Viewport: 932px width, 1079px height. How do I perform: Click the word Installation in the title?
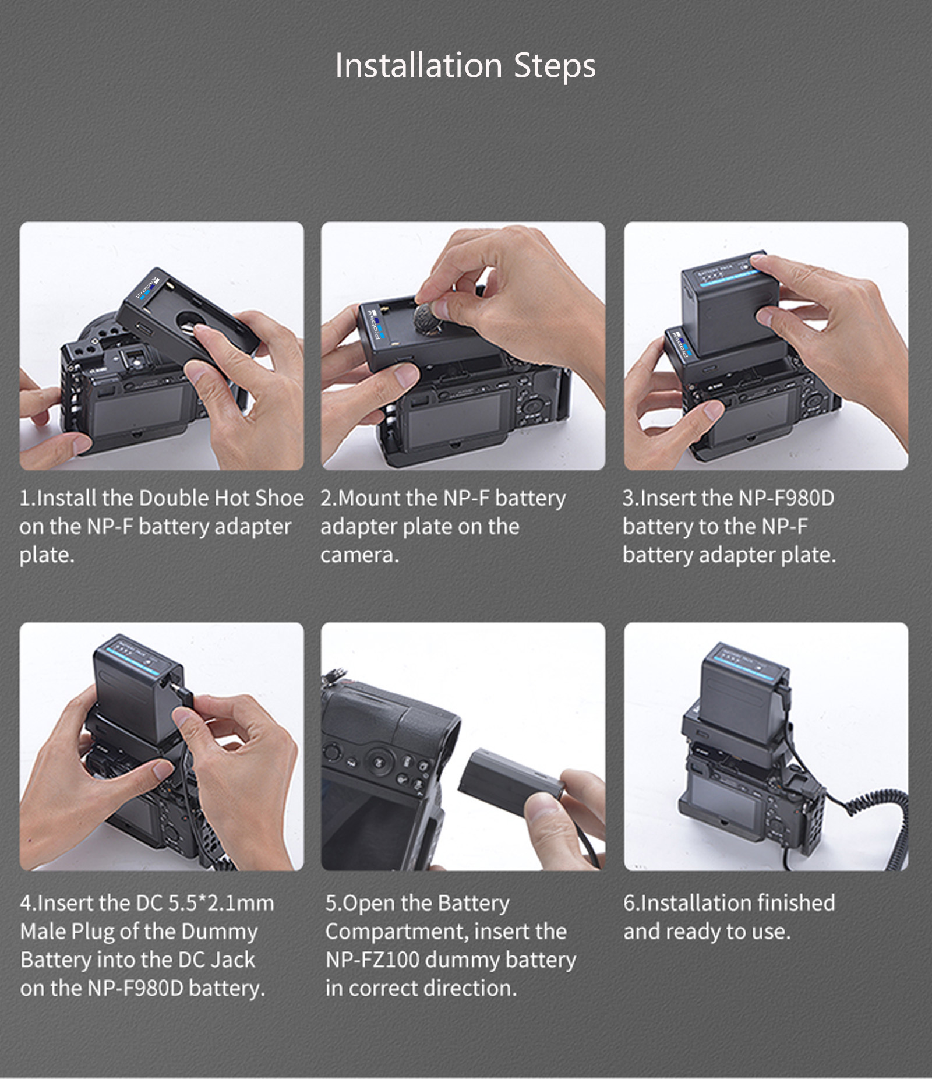(x=418, y=65)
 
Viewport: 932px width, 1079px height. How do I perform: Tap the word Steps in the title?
(x=554, y=66)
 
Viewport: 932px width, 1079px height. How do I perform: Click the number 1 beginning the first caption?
(x=24, y=498)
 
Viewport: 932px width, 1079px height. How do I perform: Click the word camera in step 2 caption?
(x=358, y=555)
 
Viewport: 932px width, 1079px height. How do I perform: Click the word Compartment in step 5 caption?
(x=397, y=932)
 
